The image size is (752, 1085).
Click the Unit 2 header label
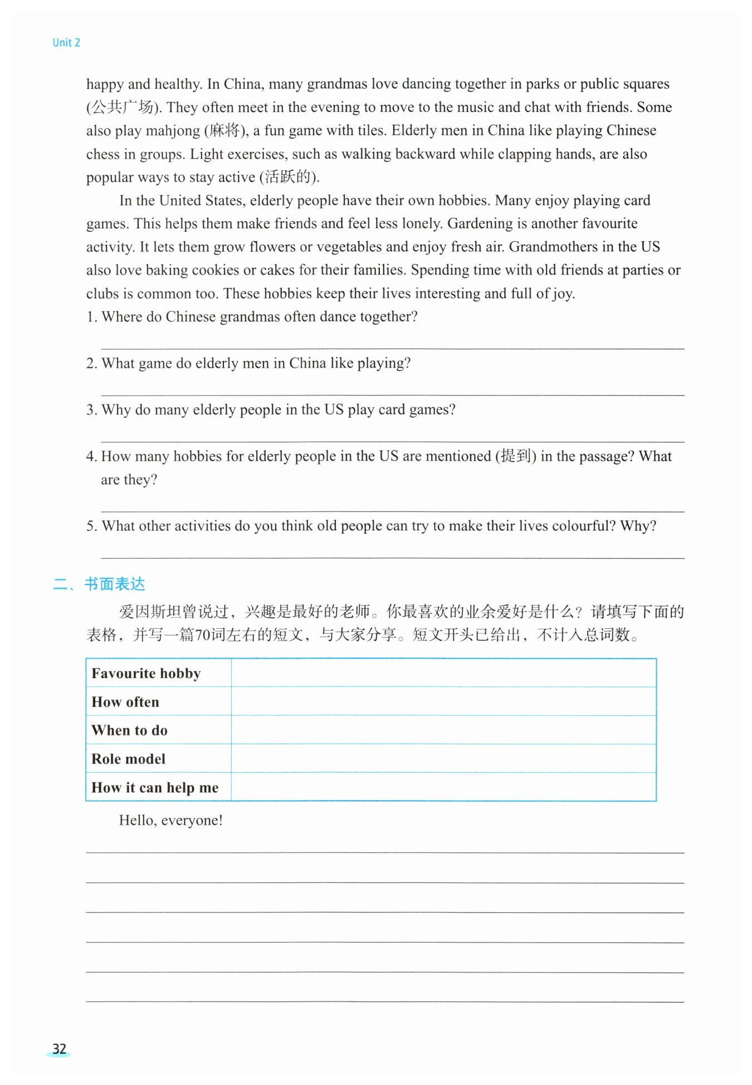(66, 43)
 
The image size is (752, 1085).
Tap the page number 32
(59, 1049)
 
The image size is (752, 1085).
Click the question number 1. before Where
(92, 317)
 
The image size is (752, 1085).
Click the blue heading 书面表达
(115, 584)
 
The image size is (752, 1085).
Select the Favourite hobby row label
(146, 673)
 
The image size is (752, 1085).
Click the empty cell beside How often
(443, 702)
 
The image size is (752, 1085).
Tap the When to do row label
(129, 730)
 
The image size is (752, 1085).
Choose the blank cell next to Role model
(443, 759)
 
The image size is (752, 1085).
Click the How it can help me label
(155, 788)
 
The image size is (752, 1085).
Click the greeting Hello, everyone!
(170, 820)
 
